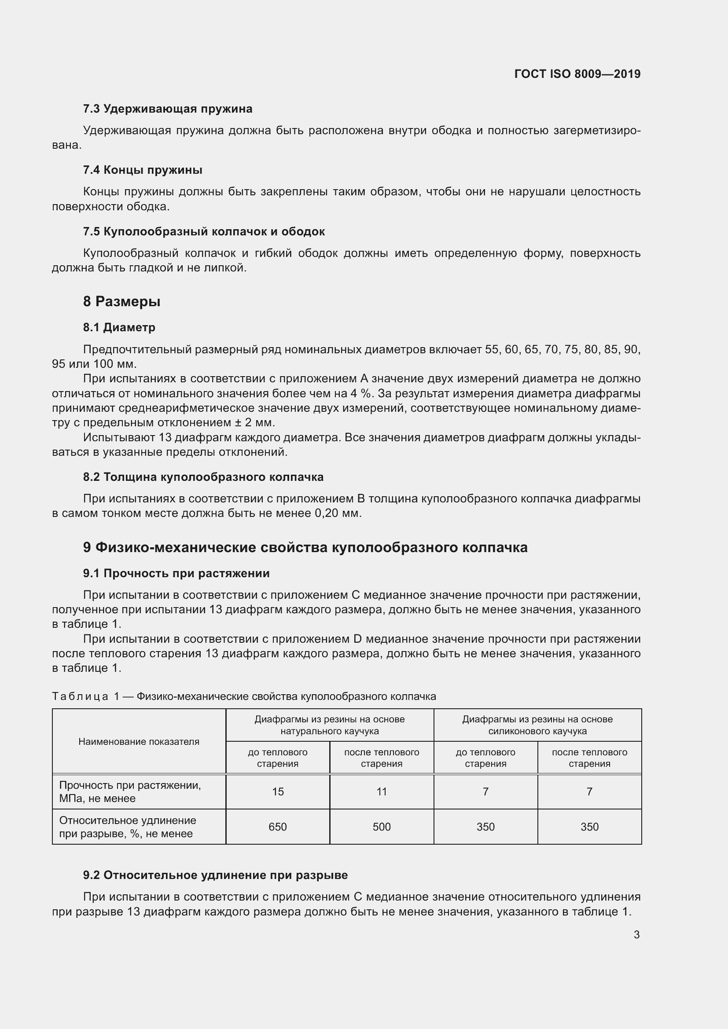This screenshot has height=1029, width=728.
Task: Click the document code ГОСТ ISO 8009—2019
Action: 577,74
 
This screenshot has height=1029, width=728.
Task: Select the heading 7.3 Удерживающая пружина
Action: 168,109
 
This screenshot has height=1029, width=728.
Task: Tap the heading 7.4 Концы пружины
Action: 143,170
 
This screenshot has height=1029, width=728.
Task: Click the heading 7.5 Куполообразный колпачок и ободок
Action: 204,232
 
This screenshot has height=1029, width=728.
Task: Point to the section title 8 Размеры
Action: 121,302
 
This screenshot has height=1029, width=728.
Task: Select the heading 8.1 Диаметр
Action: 119,328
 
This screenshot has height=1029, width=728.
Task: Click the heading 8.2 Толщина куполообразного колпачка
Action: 203,477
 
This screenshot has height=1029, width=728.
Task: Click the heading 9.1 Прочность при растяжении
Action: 176,573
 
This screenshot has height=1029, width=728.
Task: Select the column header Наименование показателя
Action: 139,741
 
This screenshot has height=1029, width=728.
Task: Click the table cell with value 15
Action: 277,791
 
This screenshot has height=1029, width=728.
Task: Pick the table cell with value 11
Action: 382,791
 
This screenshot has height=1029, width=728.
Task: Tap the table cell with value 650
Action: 277,827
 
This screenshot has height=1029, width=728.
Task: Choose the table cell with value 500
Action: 382,827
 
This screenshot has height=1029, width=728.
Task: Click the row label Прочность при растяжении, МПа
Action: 130,791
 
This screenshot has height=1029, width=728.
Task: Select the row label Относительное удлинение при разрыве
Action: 128,827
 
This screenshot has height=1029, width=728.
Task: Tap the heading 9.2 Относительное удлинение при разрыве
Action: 215,875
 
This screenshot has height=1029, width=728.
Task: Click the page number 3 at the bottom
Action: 636,935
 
